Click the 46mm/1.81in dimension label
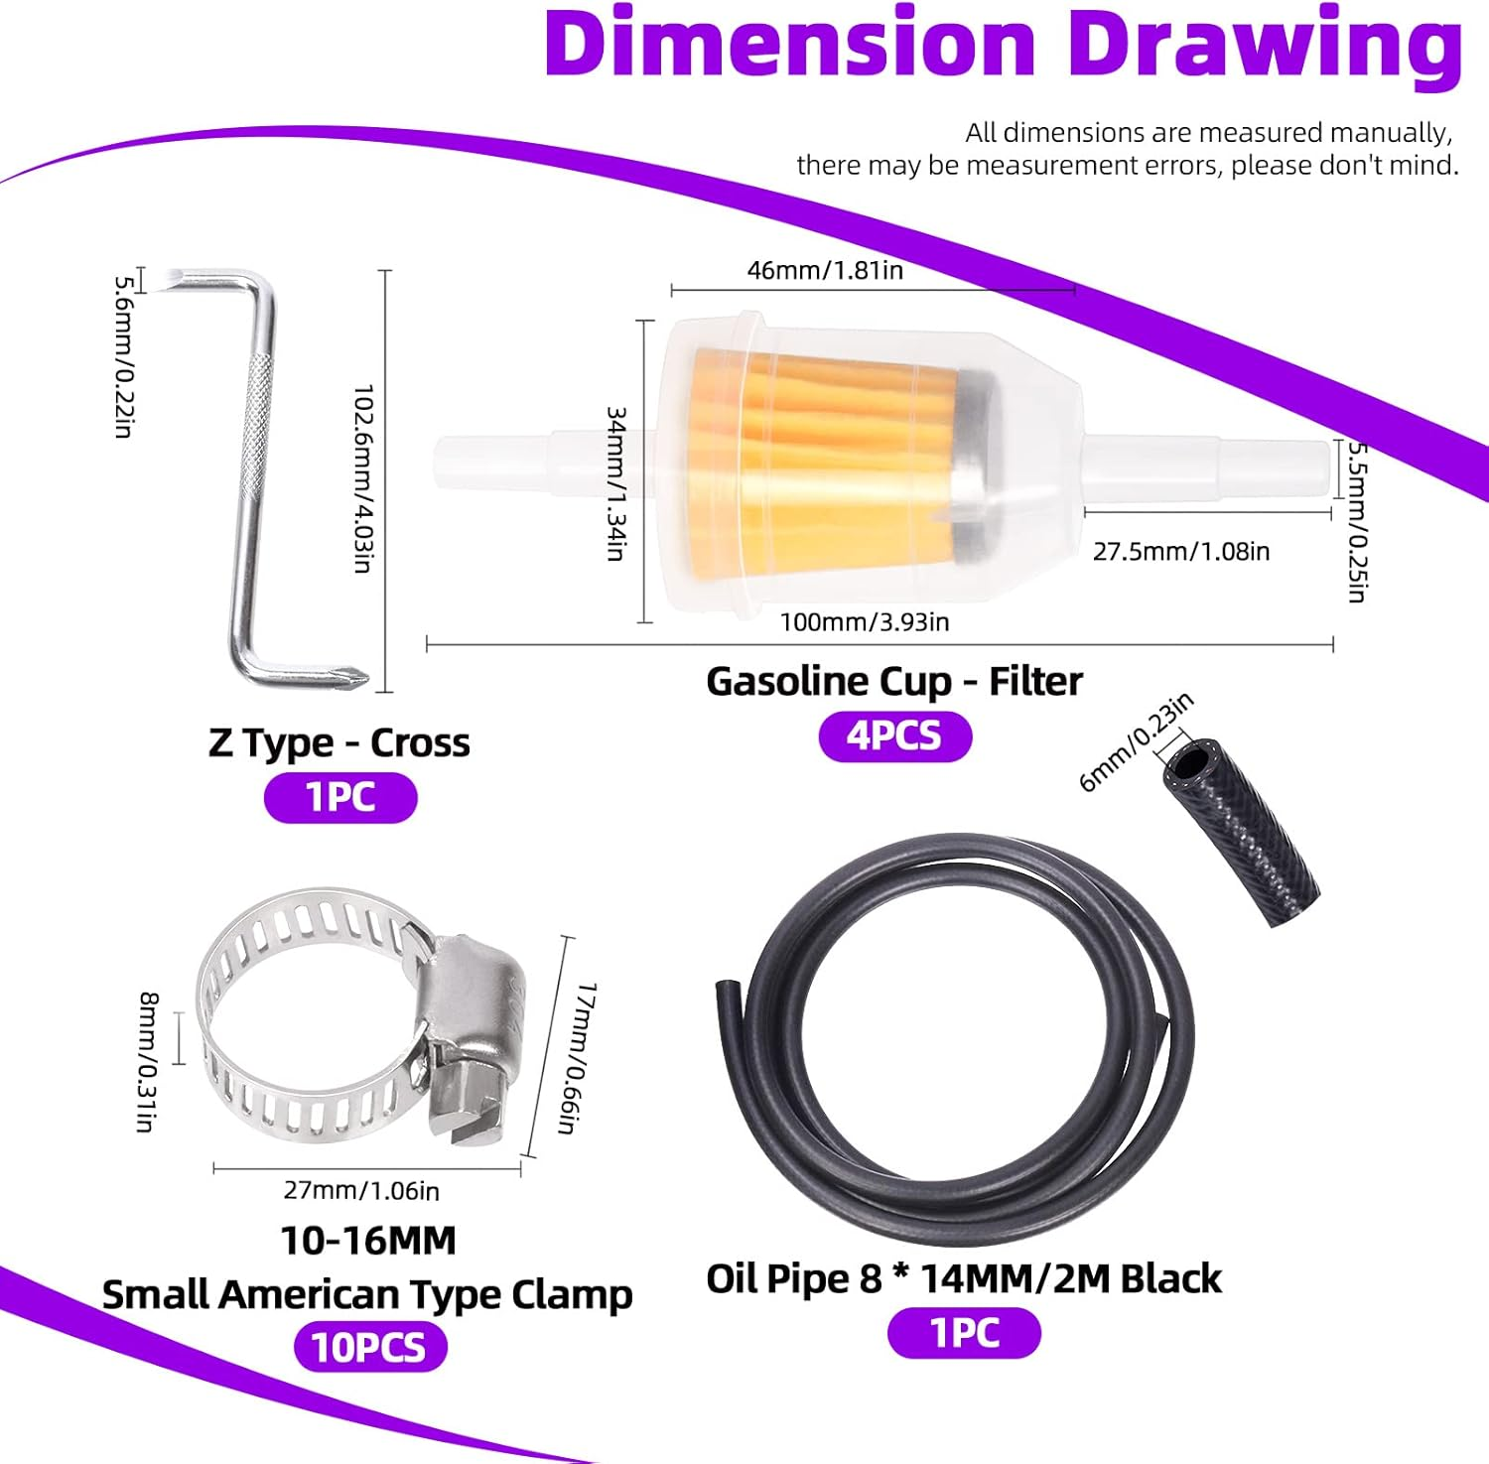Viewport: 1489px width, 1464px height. pos(825,270)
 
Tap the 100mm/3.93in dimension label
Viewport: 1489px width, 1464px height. pos(865,622)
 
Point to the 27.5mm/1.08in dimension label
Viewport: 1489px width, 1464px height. pos(1181,551)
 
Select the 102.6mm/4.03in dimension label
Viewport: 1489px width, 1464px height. pos(363,478)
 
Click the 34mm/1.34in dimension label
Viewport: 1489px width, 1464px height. pos(615,483)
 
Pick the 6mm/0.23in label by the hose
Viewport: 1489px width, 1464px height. pos(1136,743)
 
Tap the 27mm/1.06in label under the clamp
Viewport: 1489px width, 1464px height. pos(361,1190)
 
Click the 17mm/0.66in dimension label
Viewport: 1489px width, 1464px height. pos(575,1058)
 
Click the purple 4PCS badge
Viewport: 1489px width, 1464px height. pos(894,736)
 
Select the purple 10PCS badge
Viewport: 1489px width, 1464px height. pos(369,1347)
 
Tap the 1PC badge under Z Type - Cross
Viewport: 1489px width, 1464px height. pos(340,797)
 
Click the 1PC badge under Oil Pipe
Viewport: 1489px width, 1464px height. pos(964,1333)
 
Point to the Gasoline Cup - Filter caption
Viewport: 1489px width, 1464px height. pos(894,682)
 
